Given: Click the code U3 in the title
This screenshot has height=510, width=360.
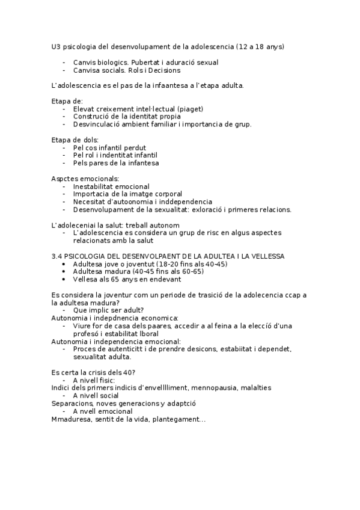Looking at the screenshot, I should (x=56, y=46).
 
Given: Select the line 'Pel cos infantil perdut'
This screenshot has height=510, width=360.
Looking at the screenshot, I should (x=109, y=148).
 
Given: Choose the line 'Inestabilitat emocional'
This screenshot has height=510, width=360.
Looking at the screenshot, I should (x=111, y=186).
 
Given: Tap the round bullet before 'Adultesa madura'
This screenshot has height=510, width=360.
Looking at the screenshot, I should (x=66, y=272).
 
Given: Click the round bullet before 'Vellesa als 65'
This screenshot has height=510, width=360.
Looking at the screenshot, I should (x=66, y=280).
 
